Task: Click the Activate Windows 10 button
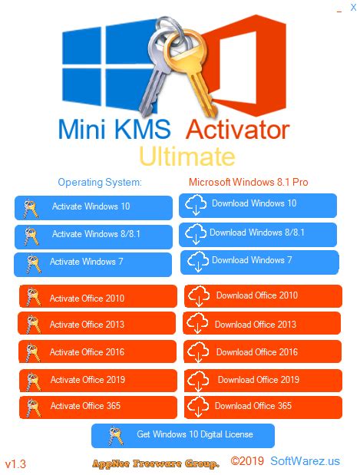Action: (93, 207)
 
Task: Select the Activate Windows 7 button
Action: (93, 263)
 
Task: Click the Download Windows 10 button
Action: (258, 204)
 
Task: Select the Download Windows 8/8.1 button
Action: (258, 233)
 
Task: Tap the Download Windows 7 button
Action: (258, 261)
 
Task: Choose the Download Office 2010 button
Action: (263, 296)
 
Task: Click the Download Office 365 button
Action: (263, 406)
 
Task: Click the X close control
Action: (352, 7)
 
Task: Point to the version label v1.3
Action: (15, 464)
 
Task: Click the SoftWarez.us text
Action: (305, 462)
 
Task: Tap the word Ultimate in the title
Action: (187, 157)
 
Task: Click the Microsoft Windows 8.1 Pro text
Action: (248, 183)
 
